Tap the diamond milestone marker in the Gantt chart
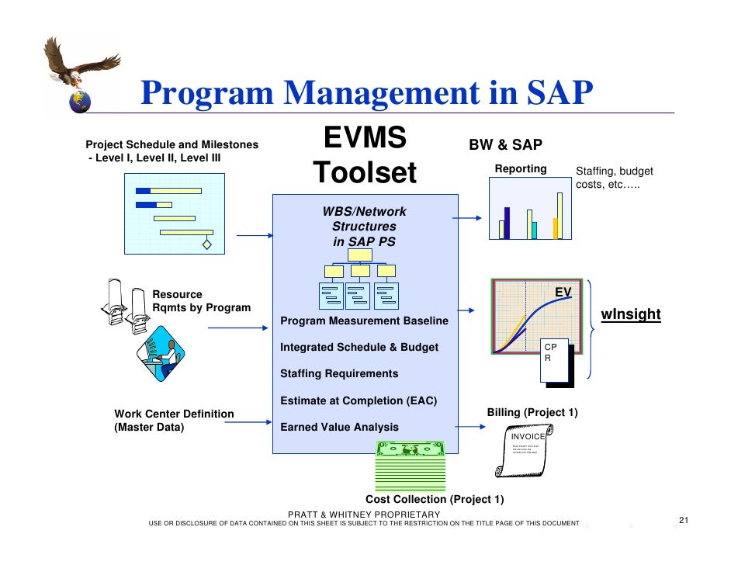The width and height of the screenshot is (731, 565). click(207, 244)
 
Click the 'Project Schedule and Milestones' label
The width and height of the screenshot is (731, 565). click(172, 144)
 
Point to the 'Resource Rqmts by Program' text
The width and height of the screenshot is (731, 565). click(201, 301)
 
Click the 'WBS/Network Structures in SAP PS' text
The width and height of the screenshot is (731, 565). click(364, 227)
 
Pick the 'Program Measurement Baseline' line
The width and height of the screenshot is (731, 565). click(364, 321)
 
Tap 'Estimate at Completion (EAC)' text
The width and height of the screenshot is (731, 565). click(359, 400)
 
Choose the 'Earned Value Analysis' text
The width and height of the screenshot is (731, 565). click(339, 427)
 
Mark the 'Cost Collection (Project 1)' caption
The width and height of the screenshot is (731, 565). click(435, 499)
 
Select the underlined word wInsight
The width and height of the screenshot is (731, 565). click(631, 314)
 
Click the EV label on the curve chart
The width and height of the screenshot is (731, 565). click(563, 292)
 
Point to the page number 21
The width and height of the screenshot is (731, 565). click(684, 520)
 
